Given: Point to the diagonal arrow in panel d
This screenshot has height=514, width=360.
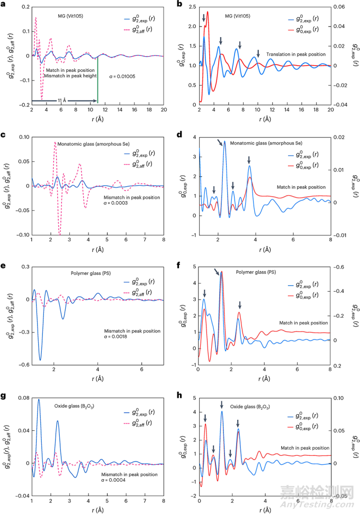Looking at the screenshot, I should click(x=220, y=143).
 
